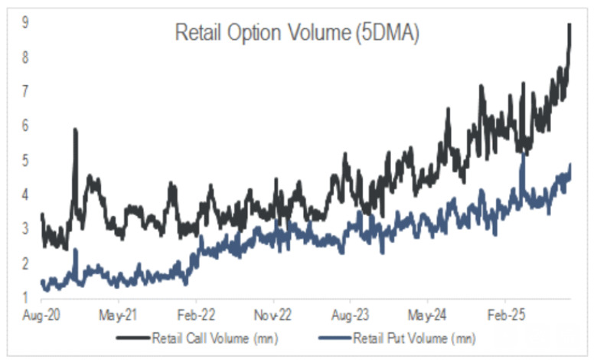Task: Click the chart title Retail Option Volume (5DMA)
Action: point(297,34)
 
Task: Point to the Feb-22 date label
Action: point(196,314)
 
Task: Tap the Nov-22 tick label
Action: point(273,314)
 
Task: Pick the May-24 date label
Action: point(427,314)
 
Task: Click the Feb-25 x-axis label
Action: point(504,314)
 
